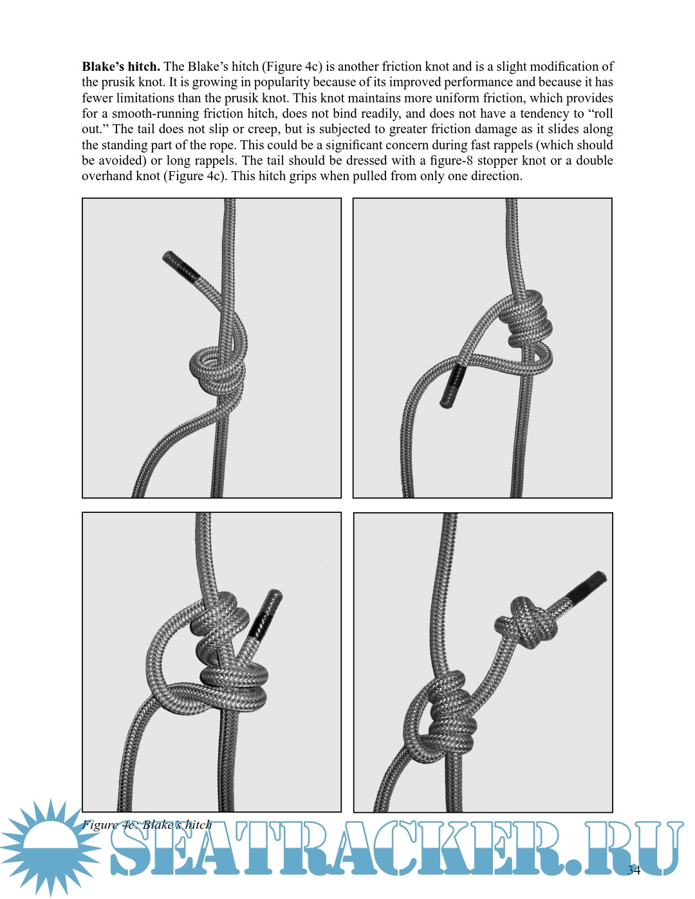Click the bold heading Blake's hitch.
pyautogui.click(x=120, y=66)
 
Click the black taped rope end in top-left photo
pyautogui.click(x=181, y=266)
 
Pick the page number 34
pyautogui.click(x=633, y=870)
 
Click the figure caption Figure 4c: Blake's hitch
pyautogui.click(x=147, y=825)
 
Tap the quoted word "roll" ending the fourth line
pyautogui.click(x=600, y=114)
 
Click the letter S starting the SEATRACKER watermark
pyautogui.click(x=132, y=849)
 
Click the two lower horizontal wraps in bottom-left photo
pyautogui.click(x=234, y=687)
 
